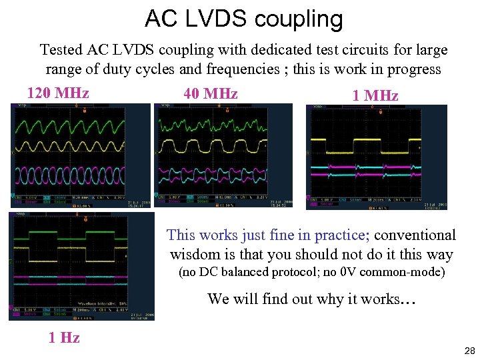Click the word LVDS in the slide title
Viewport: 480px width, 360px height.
click(x=212, y=19)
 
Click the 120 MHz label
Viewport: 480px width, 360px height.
click(x=58, y=93)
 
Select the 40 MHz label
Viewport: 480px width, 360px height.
click(x=211, y=94)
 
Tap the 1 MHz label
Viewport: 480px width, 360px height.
click(x=375, y=96)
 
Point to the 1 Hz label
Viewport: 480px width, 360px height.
click(x=64, y=337)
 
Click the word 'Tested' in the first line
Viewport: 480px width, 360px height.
click(x=61, y=50)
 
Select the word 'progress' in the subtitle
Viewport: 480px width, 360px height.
click(x=413, y=69)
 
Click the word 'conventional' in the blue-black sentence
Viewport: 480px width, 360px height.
click(x=415, y=235)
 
